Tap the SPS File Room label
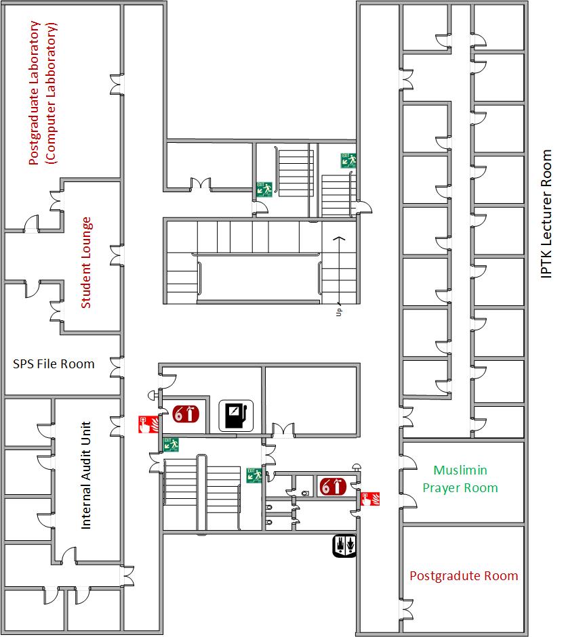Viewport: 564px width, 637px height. pos(54,364)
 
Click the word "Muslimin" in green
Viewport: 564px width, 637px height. pos(460,470)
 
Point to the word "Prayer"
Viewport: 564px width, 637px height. pos(442,487)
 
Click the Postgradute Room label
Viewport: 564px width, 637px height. pos(464,576)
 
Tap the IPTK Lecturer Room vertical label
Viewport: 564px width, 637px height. pos(546,213)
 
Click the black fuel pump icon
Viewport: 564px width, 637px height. pos(235,415)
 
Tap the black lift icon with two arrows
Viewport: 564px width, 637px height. pos(344,546)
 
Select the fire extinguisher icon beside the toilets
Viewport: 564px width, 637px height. pos(332,486)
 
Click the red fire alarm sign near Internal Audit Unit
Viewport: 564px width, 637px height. pos(146,424)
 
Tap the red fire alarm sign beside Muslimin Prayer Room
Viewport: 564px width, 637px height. pos(370,500)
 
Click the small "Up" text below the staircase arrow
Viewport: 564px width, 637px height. pos(339,311)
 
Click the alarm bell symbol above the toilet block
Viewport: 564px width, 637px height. pos(356,467)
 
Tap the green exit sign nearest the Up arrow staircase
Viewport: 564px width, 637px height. pos(348,160)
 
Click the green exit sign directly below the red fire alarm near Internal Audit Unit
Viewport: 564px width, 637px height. pos(170,444)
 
